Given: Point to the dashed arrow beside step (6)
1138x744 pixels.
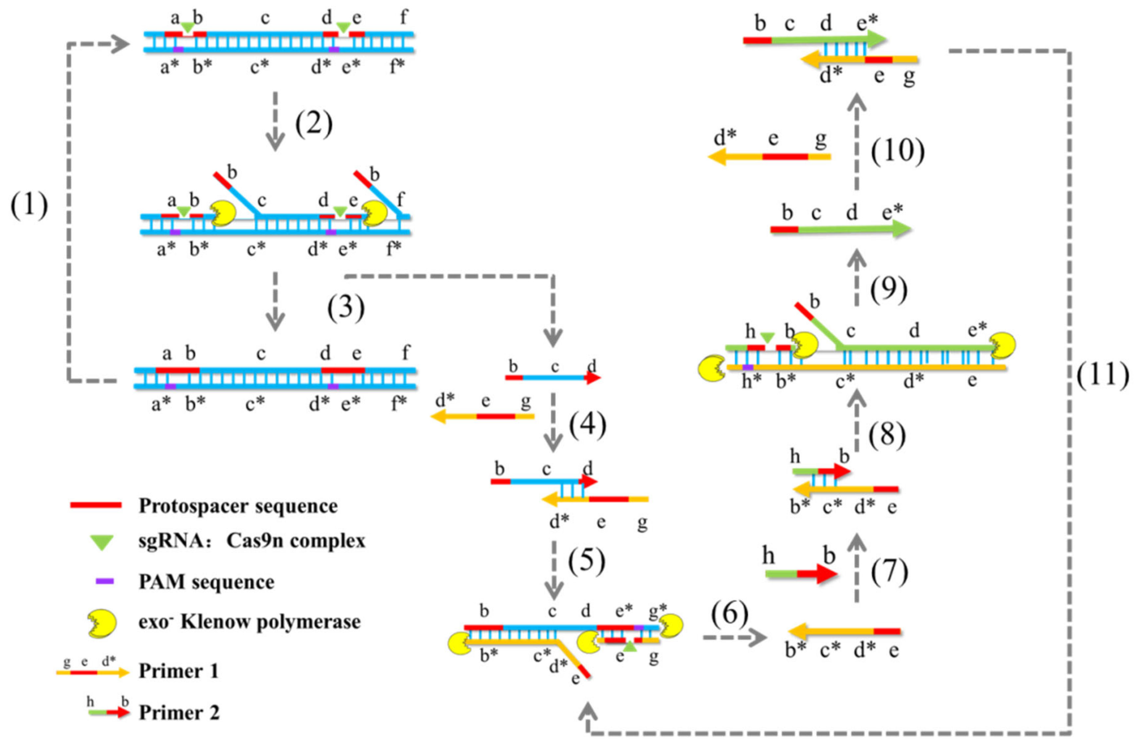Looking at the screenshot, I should pos(734,637).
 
